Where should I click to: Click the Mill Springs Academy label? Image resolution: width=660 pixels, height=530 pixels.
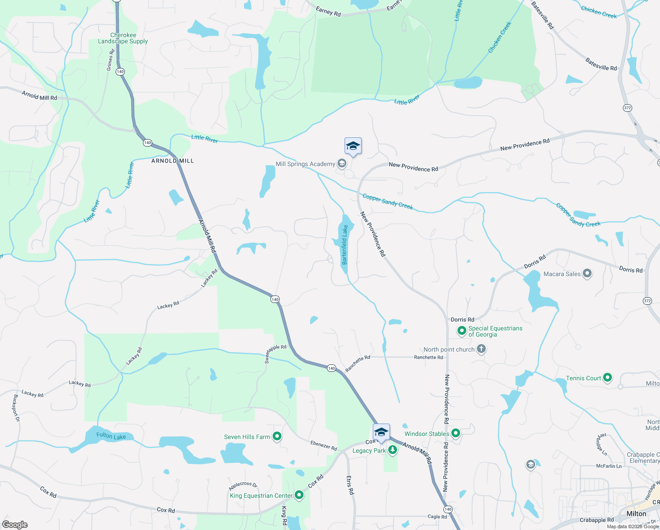pyautogui.click(x=305, y=164)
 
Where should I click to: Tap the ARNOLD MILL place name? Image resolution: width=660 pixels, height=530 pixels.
pyautogui.click(x=172, y=161)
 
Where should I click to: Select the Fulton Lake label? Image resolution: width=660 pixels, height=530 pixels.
pyautogui.click(x=111, y=436)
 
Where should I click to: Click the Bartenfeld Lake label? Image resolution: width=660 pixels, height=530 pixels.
pyautogui.click(x=345, y=245)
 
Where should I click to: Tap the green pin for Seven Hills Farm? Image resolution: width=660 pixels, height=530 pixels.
pyautogui.click(x=277, y=436)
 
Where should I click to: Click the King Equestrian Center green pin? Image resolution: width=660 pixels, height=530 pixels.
pyautogui.click(x=299, y=495)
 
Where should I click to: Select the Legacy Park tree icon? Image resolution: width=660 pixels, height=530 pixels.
pyautogui.click(x=393, y=450)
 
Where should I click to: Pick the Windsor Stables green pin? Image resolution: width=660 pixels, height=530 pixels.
pyautogui.click(x=456, y=433)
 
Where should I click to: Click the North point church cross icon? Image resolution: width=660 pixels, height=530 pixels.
pyautogui.click(x=481, y=349)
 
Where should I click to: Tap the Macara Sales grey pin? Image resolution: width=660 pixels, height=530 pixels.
pyautogui.click(x=587, y=273)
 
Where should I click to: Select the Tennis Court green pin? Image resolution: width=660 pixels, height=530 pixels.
pyautogui.click(x=607, y=378)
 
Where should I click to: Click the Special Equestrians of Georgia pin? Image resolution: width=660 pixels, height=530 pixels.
pyautogui.click(x=462, y=331)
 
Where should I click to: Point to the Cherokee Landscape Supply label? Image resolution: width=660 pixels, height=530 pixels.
pyautogui.click(x=123, y=38)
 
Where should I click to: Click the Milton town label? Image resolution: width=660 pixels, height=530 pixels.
pyautogui.click(x=636, y=514)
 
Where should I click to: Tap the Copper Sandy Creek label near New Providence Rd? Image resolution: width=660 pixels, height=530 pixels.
pyautogui.click(x=387, y=201)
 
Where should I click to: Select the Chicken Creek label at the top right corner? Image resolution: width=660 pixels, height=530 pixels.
pyautogui.click(x=599, y=12)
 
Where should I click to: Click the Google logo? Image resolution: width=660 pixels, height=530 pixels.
pyautogui.click(x=15, y=524)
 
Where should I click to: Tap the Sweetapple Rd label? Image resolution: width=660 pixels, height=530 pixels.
pyautogui.click(x=275, y=354)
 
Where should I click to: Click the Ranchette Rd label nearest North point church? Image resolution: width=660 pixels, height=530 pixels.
pyautogui.click(x=428, y=357)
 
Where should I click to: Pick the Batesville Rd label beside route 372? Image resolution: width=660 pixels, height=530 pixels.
pyautogui.click(x=601, y=64)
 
